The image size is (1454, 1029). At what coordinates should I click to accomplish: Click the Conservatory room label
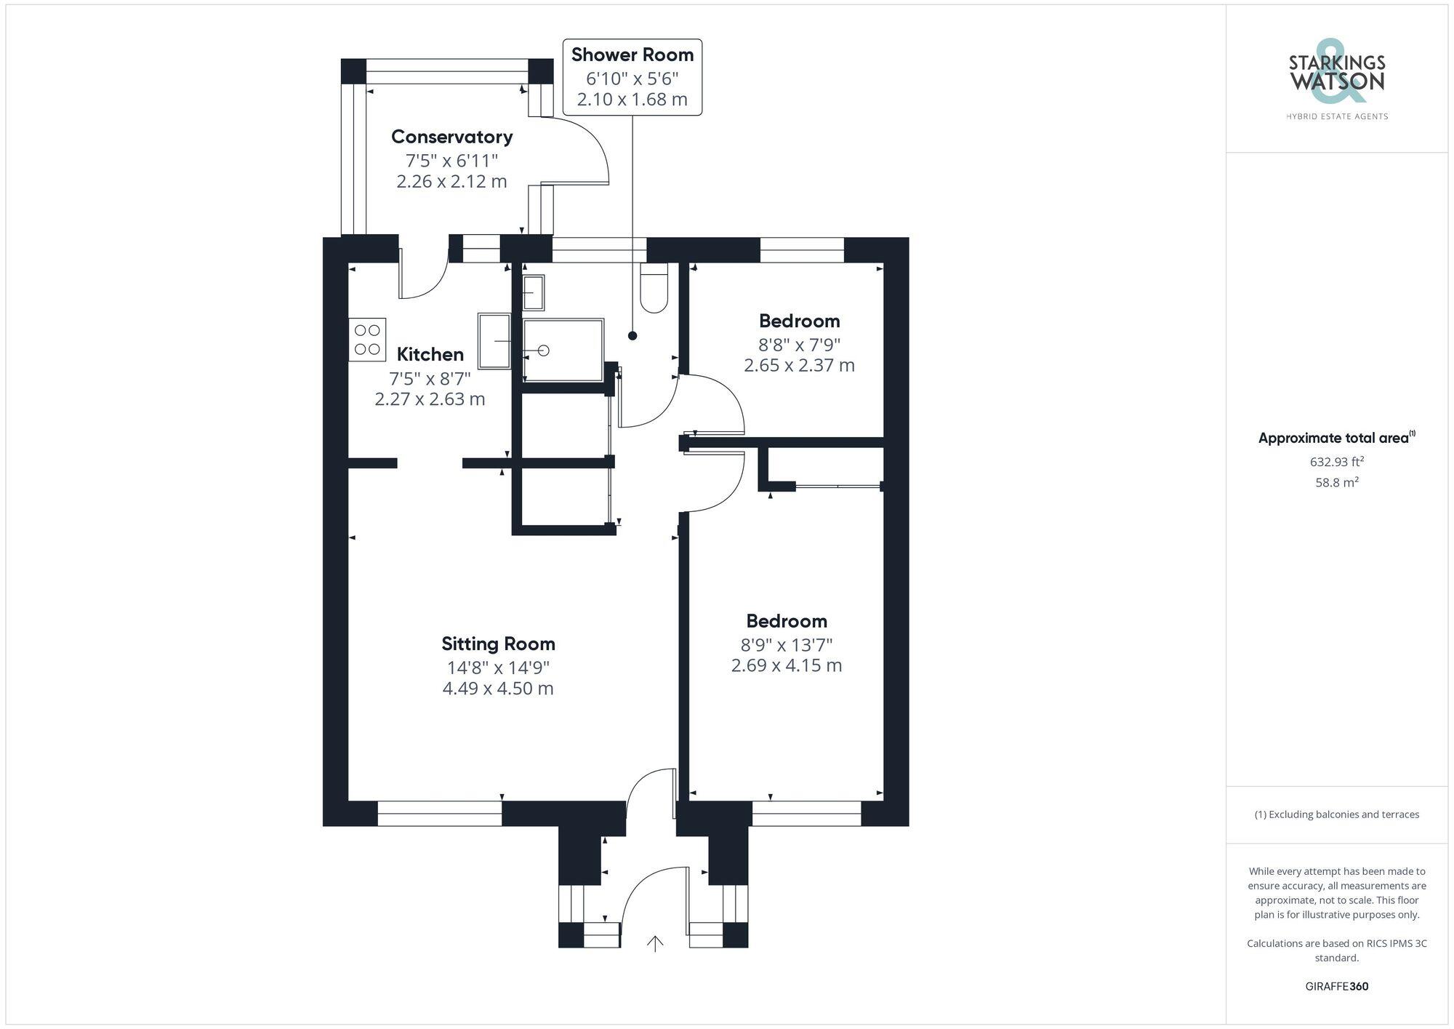[451, 137]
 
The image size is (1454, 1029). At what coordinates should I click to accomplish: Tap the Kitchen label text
[430, 354]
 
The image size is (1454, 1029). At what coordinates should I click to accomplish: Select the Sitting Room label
[498, 644]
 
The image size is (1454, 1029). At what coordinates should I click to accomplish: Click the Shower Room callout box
[632, 76]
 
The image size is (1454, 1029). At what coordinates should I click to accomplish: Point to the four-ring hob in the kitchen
[367, 340]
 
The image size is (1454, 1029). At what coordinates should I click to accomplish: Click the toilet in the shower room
[654, 288]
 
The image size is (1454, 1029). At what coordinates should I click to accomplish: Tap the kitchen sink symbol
[494, 340]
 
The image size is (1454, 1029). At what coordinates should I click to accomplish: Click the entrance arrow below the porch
[655, 943]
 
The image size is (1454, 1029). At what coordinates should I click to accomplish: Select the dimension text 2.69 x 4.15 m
[787, 665]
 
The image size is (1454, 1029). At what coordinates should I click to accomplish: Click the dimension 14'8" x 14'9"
[498, 667]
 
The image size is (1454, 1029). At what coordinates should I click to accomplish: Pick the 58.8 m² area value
[1336, 482]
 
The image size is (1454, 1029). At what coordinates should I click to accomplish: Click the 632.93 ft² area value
[1336, 462]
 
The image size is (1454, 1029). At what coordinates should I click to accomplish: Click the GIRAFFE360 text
[1336, 986]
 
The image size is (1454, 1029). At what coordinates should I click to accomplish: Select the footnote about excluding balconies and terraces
[1336, 814]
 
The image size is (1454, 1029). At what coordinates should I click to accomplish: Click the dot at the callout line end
[632, 335]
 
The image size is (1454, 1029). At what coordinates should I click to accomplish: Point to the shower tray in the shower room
[563, 350]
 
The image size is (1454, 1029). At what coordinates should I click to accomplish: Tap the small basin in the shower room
[533, 292]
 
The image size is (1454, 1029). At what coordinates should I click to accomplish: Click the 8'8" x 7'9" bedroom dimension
[799, 344]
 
